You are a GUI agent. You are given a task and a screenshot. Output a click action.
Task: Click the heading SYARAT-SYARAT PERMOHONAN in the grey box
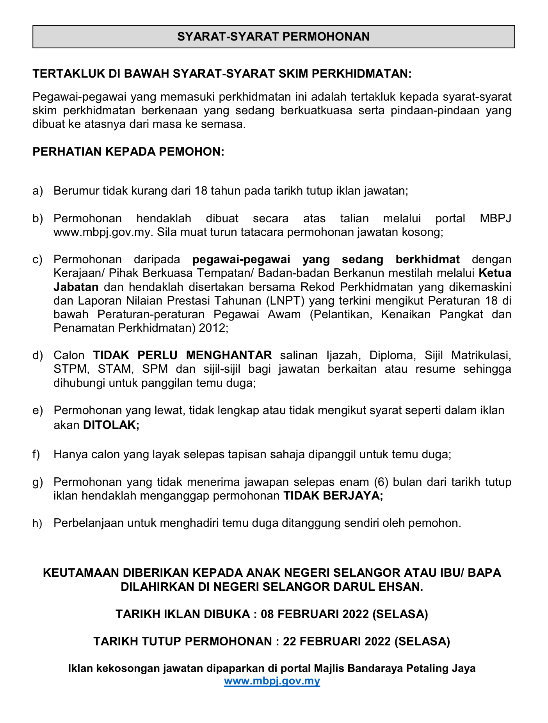tap(273, 37)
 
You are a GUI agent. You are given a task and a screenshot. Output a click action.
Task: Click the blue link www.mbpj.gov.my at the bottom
tap(272, 681)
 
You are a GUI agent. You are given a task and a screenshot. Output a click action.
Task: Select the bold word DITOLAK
tap(111, 425)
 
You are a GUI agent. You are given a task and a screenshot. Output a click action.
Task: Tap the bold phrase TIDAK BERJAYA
tap(333, 496)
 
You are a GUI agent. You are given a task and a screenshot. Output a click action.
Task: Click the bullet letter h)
tap(37, 523)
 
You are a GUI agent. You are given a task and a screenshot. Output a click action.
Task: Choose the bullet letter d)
tap(37, 355)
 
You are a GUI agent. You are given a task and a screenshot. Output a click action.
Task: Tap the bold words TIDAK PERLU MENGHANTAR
tap(182, 355)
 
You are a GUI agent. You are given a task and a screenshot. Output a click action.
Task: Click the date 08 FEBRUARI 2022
tap(315, 614)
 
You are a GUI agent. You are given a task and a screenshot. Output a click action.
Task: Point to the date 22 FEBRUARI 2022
tap(337, 641)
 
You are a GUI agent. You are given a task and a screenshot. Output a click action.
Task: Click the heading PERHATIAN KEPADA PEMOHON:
tap(128, 152)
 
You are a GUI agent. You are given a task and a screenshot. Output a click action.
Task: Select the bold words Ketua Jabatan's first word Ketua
tap(495, 273)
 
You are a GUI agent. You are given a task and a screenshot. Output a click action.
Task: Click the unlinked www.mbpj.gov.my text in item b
tap(102, 232)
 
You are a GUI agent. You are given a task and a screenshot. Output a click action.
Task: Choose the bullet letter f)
tap(36, 455)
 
